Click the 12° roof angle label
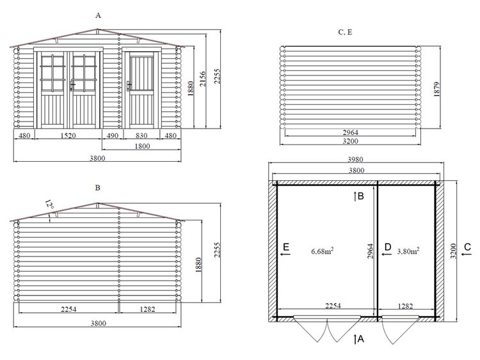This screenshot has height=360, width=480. (x=49, y=205)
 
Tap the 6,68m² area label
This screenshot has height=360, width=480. (x=323, y=251)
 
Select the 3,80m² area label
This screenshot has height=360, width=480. (x=408, y=251)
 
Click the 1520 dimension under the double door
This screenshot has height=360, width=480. (x=68, y=136)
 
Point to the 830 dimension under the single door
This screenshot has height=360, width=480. (x=141, y=136)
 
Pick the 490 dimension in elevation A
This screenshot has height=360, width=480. (x=113, y=136)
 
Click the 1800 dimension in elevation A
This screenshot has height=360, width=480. (x=142, y=146)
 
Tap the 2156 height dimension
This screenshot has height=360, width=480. (x=203, y=79)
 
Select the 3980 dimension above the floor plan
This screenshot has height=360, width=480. (x=355, y=159)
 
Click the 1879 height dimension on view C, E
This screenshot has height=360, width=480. (x=436, y=89)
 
